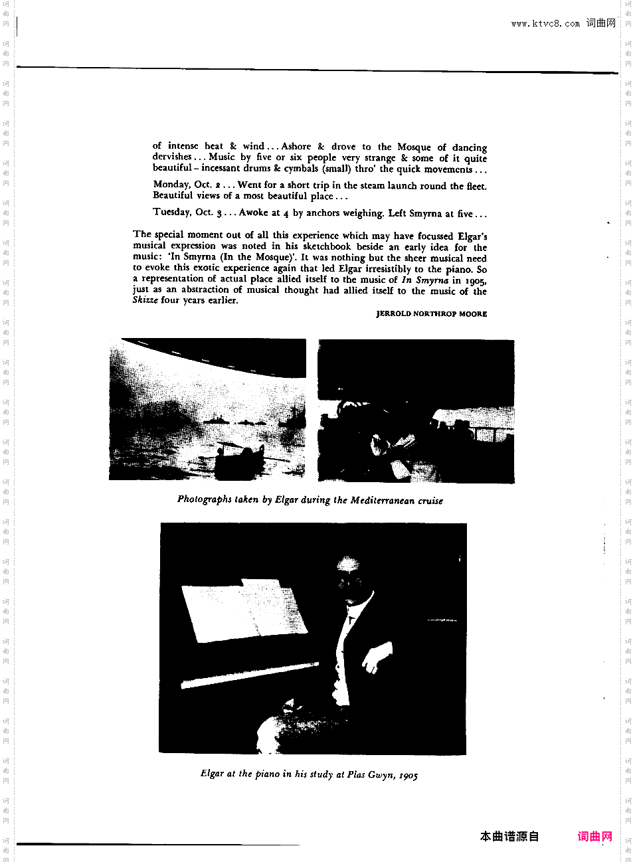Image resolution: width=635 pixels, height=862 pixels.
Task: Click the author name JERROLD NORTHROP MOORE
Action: [431, 313]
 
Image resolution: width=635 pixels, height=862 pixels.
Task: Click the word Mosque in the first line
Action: [414, 147]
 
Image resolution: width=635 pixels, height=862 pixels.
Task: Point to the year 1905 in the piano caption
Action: [408, 775]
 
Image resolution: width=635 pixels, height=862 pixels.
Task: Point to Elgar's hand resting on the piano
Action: [375, 657]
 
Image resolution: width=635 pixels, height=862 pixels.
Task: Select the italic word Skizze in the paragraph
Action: [145, 300]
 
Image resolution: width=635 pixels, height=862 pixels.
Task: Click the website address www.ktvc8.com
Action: [545, 23]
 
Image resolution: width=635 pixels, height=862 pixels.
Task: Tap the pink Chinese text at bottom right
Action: [594, 836]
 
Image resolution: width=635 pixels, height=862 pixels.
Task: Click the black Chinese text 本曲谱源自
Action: [509, 836]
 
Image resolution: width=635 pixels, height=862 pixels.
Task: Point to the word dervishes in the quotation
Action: [172, 157]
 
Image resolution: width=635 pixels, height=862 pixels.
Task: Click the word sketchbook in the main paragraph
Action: [327, 246]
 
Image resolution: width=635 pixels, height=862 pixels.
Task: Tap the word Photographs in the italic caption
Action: [205, 499]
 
